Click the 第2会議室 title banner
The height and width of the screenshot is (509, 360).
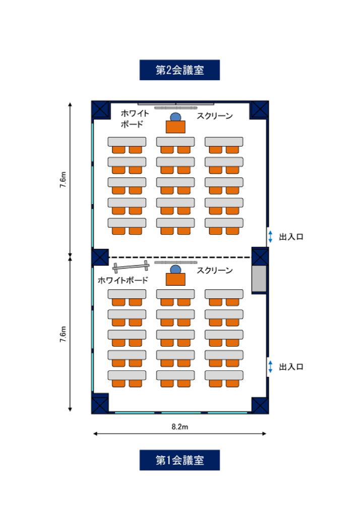click(x=179, y=70)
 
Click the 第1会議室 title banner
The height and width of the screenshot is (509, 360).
click(x=179, y=460)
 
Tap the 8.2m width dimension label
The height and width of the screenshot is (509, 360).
click(x=180, y=426)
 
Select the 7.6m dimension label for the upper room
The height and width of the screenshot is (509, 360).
click(x=63, y=179)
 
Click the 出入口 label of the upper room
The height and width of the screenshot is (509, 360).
click(x=291, y=237)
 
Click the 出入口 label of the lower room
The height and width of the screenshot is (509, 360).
click(x=291, y=367)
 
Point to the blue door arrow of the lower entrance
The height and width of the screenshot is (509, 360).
click(x=270, y=366)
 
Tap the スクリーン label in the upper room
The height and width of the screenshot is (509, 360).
click(x=215, y=116)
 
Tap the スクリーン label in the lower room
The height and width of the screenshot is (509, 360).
click(x=215, y=271)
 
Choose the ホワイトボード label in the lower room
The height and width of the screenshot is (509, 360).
click(x=123, y=280)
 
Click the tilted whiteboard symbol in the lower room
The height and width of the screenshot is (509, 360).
click(x=131, y=266)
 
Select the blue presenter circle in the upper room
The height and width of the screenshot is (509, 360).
click(x=175, y=117)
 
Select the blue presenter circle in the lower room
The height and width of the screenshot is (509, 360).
click(x=175, y=269)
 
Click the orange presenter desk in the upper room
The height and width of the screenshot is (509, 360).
click(x=175, y=127)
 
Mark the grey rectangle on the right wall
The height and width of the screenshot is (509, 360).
click(x=259, y=279)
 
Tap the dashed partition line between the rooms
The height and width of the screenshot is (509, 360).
click(x=179, y=258)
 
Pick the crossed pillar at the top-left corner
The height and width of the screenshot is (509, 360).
click(x=100, y=109)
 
